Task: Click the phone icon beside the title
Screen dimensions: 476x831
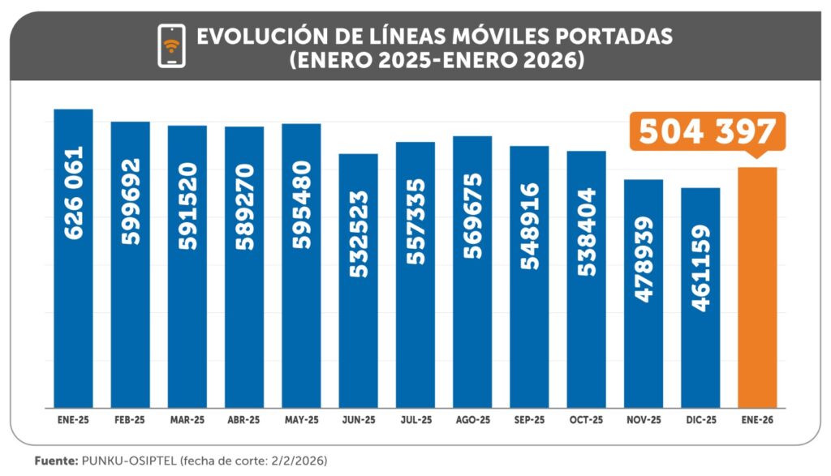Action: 171,45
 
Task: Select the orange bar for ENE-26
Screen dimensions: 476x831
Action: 757,287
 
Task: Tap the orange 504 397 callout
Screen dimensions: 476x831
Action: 707,132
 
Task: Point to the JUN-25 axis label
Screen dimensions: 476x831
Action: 358,420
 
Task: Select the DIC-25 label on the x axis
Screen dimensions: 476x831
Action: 700,420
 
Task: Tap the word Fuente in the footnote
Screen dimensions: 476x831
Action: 55,461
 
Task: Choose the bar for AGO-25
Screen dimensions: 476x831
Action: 472,271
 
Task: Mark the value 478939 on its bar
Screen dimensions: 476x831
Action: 644,259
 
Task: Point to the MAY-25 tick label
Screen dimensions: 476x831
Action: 301,420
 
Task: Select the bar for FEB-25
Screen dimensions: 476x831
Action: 130,264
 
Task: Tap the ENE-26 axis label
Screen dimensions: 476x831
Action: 757,420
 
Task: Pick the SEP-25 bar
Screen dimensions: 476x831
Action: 529,276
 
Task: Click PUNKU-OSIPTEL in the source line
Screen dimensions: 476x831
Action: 126,461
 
